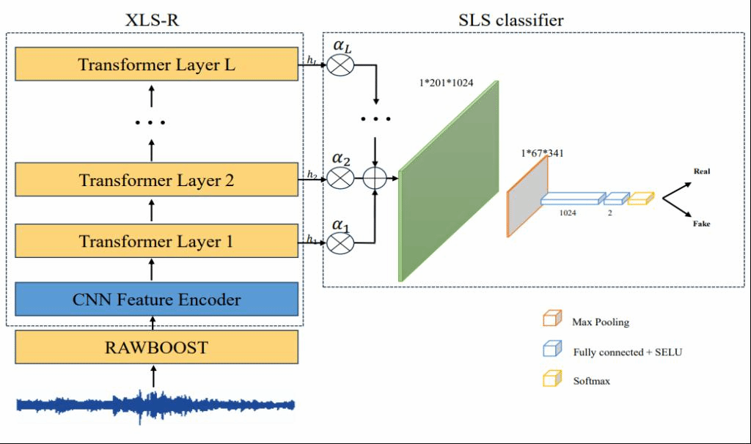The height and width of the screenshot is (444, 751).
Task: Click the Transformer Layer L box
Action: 157,64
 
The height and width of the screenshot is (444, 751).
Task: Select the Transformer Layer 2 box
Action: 157,180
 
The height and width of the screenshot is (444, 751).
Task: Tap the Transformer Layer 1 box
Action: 157,241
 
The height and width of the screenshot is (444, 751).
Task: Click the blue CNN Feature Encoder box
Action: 157,299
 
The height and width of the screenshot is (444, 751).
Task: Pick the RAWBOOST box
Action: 157,347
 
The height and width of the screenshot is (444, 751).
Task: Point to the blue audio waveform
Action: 155,406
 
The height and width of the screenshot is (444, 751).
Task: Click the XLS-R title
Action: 152,20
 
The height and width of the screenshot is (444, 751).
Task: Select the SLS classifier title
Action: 511,20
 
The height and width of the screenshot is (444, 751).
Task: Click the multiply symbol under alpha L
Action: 340,65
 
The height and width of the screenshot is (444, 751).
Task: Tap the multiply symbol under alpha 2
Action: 340,179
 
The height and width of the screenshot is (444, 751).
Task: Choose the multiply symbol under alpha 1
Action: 340,243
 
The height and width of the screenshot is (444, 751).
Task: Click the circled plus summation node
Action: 375,179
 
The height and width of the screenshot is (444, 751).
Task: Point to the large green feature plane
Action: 449,181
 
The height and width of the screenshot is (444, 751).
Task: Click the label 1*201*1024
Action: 446,83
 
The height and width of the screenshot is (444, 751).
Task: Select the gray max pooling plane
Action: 527,196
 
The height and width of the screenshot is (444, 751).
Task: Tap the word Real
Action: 702,171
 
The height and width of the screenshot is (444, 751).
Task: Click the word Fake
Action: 701,223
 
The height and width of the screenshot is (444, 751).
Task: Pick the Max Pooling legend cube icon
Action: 552,319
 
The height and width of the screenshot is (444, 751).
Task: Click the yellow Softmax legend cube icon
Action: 552,379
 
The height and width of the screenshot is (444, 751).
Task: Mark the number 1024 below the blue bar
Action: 568,213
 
